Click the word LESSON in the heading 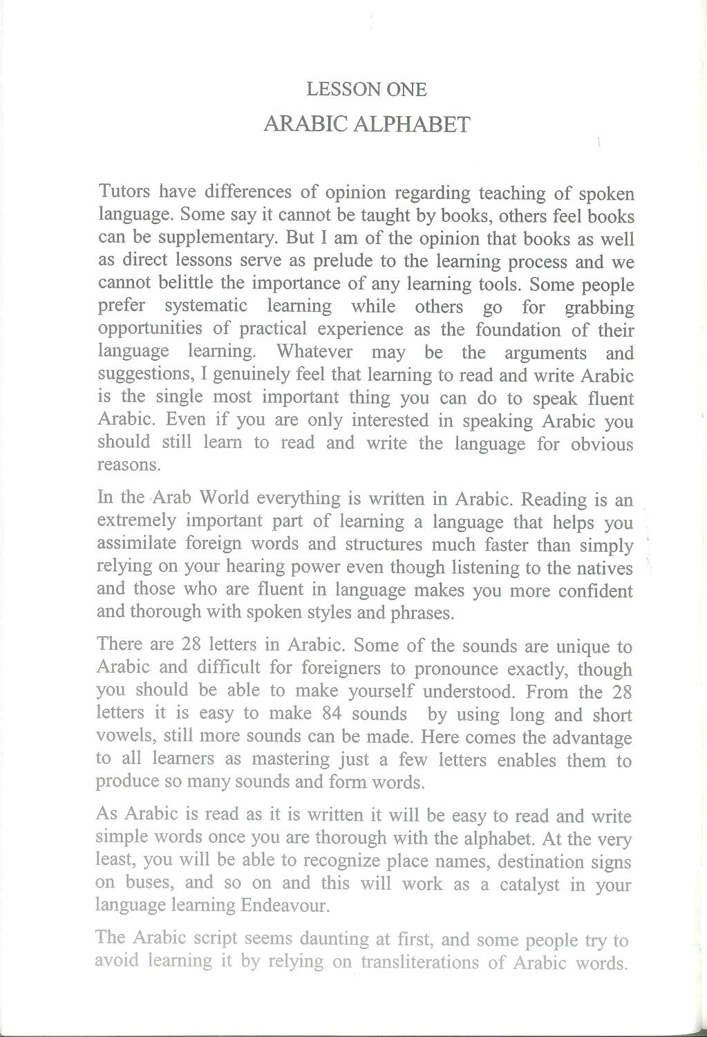336,89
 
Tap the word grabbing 599,308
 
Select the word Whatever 314,352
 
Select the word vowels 122,737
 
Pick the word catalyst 523,884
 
